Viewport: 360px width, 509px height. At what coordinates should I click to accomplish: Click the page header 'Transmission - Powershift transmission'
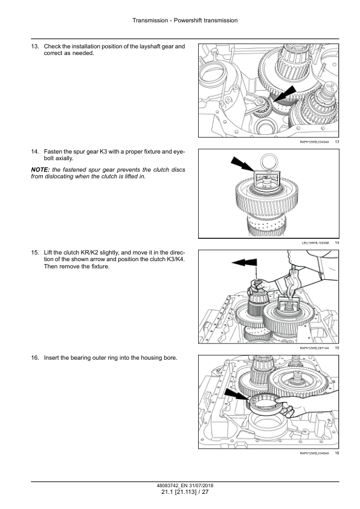[x=185, y=21]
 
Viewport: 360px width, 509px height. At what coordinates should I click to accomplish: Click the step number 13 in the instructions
[x=35, y=47]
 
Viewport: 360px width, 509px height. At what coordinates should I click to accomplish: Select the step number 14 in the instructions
[x=35, y=152]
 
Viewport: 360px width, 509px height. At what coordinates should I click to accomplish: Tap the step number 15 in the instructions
[x=35, y=253]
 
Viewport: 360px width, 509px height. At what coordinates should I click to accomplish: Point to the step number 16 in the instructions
[x=35, y=358]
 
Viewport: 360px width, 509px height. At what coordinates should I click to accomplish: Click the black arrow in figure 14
[x=242, y=164]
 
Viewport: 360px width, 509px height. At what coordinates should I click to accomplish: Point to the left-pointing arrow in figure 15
[x=244, y=262]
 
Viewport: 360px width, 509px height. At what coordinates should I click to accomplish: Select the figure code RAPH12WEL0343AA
[x=314, y=142]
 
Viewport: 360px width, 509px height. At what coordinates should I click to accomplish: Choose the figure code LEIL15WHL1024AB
[x=315, y=243]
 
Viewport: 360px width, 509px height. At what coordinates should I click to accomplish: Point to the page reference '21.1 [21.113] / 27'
[x=185, y=492]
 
